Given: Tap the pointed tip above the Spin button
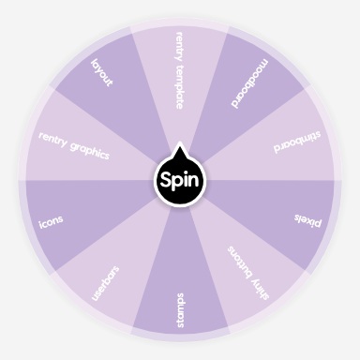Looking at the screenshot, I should click(179, 150).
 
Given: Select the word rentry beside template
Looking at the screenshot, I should click(179, 44).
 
